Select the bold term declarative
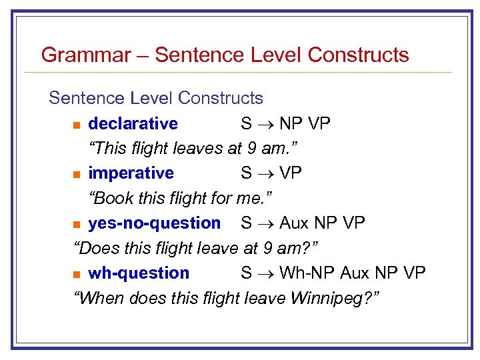pos(133,123)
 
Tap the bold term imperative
pos(131,173)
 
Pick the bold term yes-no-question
pos(154,223)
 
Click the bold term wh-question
pos(139,273)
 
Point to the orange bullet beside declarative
pos(77,125)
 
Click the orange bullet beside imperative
pos(77,175)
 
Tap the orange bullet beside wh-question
pos(77,274)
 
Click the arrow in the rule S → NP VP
pos(265,124)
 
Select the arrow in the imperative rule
pos(265,174)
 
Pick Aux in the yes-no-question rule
pos(294,223)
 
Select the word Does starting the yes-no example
pos(101,248)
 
